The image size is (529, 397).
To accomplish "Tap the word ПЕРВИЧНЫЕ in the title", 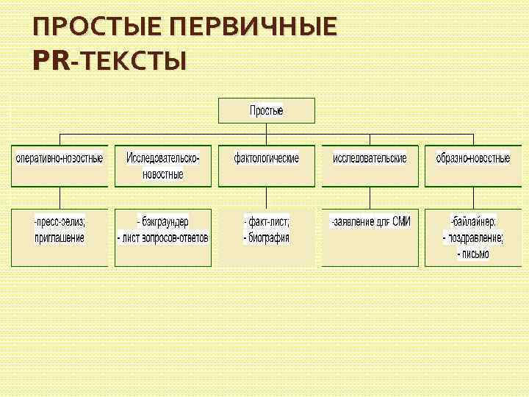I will point(253,27).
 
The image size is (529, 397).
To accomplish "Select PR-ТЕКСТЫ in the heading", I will point(109,60).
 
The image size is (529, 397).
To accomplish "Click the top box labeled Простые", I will point(266,111).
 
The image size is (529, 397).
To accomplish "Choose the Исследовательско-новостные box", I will point(162,165).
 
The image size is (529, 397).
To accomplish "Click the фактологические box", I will point(266,159).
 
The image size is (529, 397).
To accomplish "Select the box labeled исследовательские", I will point(370,159).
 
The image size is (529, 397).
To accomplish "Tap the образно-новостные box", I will point(472,159).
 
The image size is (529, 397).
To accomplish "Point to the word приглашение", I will point(60,237).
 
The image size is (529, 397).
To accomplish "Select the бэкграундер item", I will point(163,222).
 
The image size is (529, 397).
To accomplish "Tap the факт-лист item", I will point(267,222).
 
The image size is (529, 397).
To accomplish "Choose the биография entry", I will point(269,237).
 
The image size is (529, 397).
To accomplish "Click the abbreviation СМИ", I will point(401,221).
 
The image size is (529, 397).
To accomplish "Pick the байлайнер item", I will point(474,222).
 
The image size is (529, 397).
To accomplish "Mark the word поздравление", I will point(475,238).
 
